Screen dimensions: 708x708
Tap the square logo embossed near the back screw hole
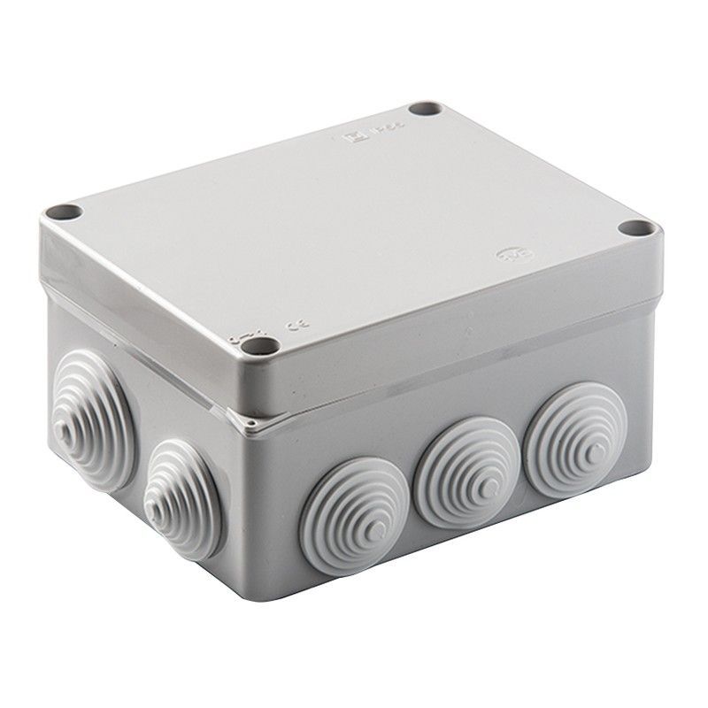pos(351,135)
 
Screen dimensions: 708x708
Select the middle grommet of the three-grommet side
pos(463,484)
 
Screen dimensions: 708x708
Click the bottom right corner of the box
pos(658,478)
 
